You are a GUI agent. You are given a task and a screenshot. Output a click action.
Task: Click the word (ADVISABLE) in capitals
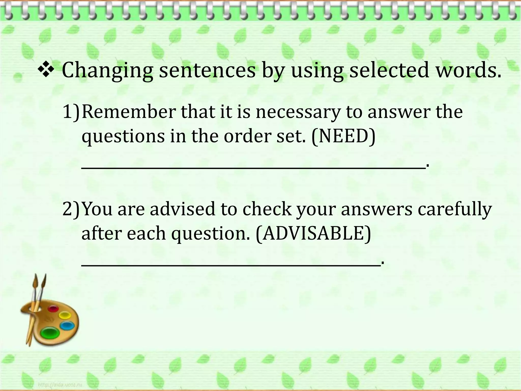[x=313, y=233]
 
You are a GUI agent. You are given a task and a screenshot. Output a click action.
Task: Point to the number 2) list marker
[x=71, y=209]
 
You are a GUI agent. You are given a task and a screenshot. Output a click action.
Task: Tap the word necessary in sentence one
[x=298, y=112]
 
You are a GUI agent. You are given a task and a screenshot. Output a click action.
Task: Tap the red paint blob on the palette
[x=53, y=309]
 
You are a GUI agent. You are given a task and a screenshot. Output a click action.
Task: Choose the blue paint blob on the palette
[x=67, y=326]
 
